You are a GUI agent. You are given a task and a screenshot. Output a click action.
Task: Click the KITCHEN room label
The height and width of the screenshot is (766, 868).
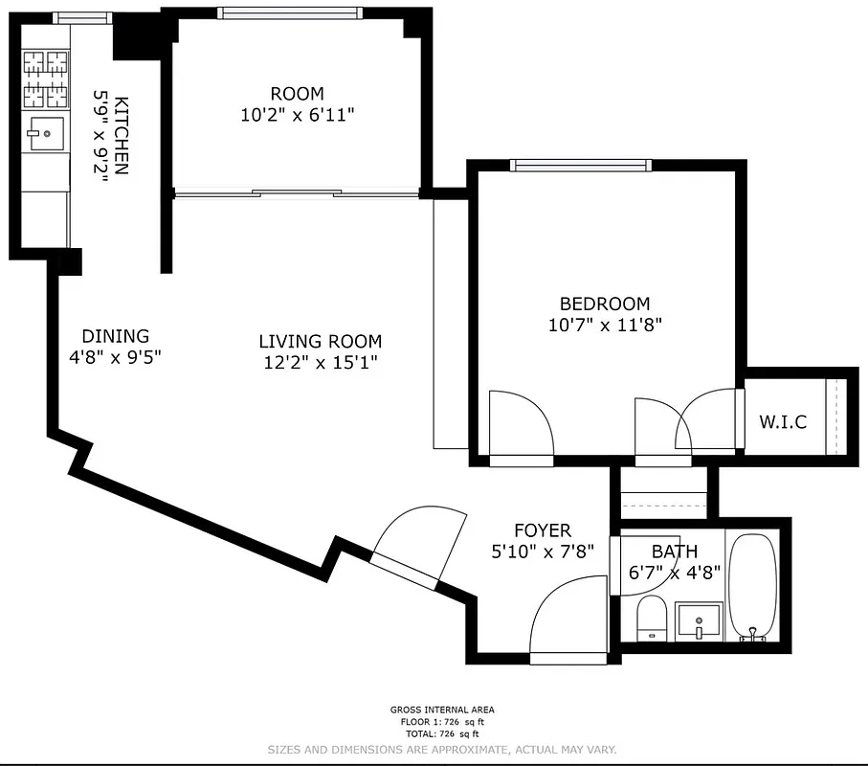[122, 134]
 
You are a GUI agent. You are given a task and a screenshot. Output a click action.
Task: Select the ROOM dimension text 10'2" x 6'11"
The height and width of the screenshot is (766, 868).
[297, 115]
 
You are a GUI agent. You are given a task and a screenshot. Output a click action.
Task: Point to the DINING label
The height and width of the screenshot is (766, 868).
[115, 336]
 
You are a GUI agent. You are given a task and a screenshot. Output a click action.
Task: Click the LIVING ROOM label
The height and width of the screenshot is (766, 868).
[320, 341]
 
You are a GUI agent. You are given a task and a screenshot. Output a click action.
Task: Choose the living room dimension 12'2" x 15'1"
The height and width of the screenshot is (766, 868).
[320, 363]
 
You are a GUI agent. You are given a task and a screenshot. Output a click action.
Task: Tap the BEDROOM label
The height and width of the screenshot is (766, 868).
[605, 304]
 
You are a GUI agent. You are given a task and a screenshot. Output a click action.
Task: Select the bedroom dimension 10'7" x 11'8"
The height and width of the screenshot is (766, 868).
[605, 325]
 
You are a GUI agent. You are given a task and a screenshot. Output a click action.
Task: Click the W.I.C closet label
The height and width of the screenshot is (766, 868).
[783, 421]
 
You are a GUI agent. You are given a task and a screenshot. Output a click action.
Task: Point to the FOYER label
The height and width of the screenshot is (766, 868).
[542, 530]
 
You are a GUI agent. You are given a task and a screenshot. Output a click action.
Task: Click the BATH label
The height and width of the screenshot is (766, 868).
[674, 552]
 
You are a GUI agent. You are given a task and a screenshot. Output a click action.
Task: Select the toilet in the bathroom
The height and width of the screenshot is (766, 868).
[651, 617]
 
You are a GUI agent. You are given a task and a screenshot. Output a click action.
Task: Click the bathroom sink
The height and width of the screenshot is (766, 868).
[699, 620]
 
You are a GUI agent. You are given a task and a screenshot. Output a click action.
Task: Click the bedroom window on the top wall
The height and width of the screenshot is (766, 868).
[582, 166]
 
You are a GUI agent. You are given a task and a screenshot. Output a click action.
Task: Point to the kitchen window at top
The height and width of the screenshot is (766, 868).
[81, 17]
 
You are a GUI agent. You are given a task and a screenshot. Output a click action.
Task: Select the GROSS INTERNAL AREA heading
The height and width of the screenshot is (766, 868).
[442, 710]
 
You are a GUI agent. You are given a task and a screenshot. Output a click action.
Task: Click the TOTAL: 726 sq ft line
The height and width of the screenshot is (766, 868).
[442, 732]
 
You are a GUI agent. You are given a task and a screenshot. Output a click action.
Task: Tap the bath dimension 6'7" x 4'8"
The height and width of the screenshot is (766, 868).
[674, 574]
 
